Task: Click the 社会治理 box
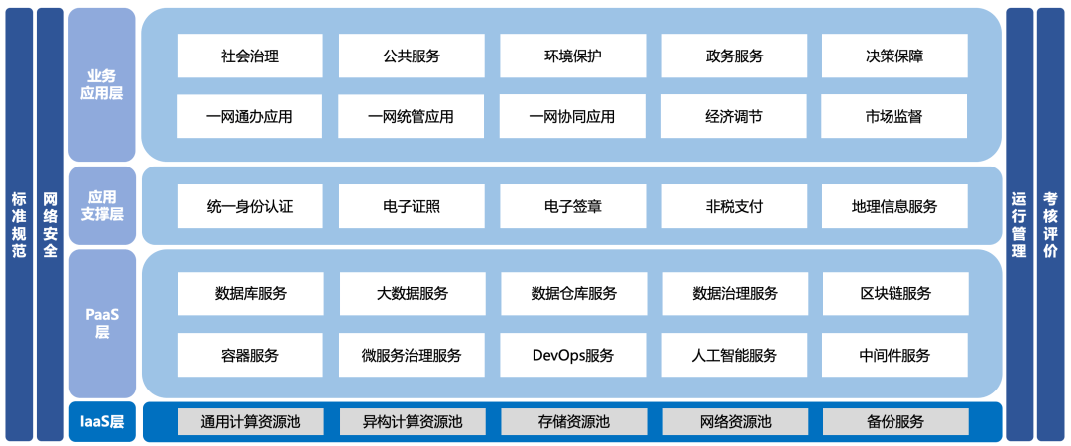(x=250, y=56)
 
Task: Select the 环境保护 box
(x=572, y=56)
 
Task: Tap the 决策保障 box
(x=894, y=56)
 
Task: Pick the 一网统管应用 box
(x=411, y=116)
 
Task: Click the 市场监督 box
(x=894, y=116)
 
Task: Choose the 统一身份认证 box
(x=250, y=206)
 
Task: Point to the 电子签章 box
(x=572, y=206)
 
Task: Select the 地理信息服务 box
(x=894, y=206)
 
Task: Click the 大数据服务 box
(x=412, y=293)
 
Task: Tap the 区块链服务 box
(x=895, y=293)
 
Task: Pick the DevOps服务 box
(x=572, y=355)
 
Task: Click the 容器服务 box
(x=250, y=355)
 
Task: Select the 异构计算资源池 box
(x=412, y=421)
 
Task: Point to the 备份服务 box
(x=895, y=421)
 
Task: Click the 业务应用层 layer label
(x=101, y=85)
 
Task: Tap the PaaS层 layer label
(x=101, y=323)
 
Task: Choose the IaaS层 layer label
(x=101, y=422)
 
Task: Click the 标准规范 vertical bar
(x=18, y=224)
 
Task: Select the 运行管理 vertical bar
(x=1018, y=224)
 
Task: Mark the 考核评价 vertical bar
(x=1050, y=224)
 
